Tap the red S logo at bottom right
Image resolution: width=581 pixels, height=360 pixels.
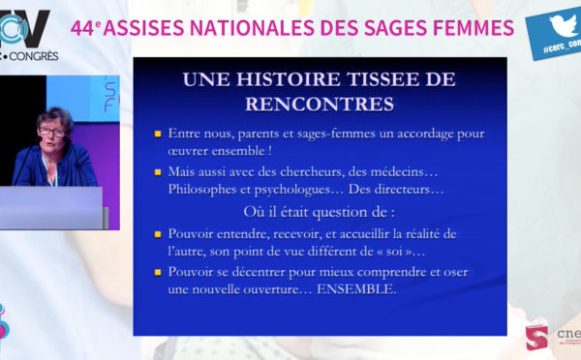pyautogui.click(x=536, y=338)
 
